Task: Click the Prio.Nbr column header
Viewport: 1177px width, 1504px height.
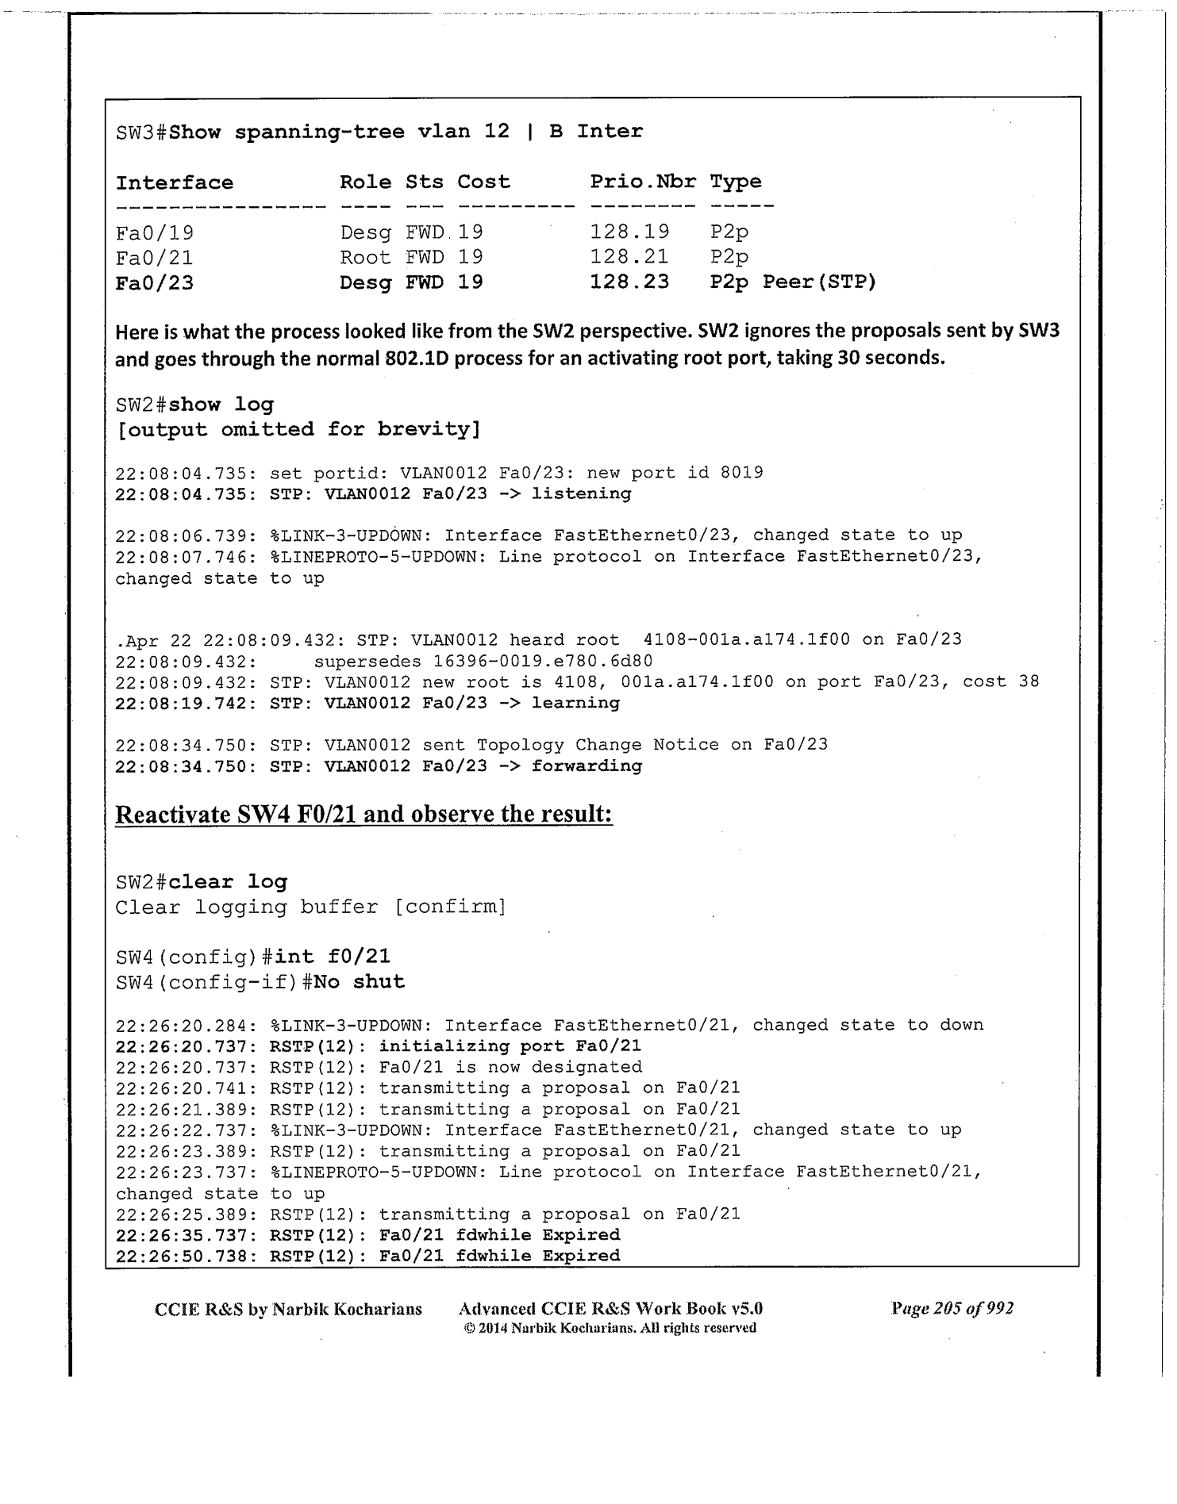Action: pyautogui.click(x=642, y=182)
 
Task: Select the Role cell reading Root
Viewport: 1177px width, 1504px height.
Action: pyautogui.click(x=365, y=257)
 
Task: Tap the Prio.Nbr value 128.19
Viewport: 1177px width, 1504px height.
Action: pyautogui.click(x=629, y=232)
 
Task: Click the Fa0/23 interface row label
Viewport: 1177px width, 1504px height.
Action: pyautogui.click(x=155, y=282)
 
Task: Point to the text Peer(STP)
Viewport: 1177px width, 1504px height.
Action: pyautogui.click(x=819, y=282)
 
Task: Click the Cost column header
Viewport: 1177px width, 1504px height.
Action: pyautogui.click(x=483, y=182)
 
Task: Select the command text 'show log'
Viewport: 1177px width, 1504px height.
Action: pyautogui.click(x=221, y=405)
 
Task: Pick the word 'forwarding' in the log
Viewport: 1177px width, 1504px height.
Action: pyautogui.click(x=587, y=765)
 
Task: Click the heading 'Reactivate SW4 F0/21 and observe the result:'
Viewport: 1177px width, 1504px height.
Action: pyautogui.click(x=363, y=815)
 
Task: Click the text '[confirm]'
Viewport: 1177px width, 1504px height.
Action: pyautogui.click(x=450, y=907)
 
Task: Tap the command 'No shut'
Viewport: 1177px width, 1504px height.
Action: pyautogui.click(x=359, y=981)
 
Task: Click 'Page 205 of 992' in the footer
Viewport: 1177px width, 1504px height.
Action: pyautogui.click(x=952, y=1308)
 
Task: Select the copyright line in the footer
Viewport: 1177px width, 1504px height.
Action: pyautogui.click(x=610, y=1328)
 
